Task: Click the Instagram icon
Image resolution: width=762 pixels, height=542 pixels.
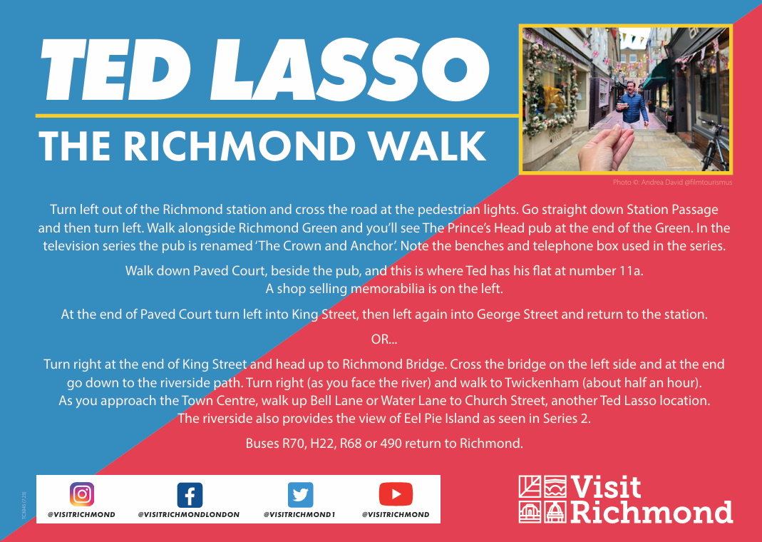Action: (82, 494)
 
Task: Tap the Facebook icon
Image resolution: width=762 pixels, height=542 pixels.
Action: (190, 495)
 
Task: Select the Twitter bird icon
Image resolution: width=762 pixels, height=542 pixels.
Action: (300, 495)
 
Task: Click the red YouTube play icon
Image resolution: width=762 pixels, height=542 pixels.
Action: (396, 494)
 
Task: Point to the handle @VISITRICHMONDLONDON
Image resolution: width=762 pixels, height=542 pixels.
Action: (189, 514)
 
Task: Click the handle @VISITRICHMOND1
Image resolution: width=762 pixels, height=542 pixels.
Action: (299, 514)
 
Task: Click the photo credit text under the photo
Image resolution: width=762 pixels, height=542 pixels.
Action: (672, 183)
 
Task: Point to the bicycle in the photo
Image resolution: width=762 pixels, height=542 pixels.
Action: (713, 144)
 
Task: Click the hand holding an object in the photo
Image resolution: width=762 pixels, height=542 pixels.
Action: (605, 149)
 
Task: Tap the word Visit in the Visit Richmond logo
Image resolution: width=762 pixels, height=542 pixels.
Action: (606, 488)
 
